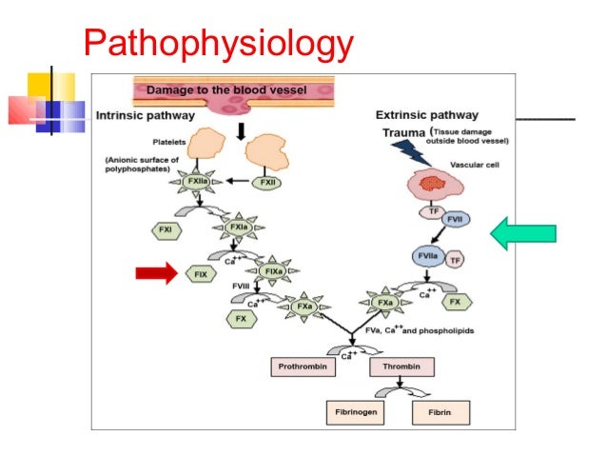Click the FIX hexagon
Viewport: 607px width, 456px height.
pos(202,274)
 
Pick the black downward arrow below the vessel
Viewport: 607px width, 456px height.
pos(243,127)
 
